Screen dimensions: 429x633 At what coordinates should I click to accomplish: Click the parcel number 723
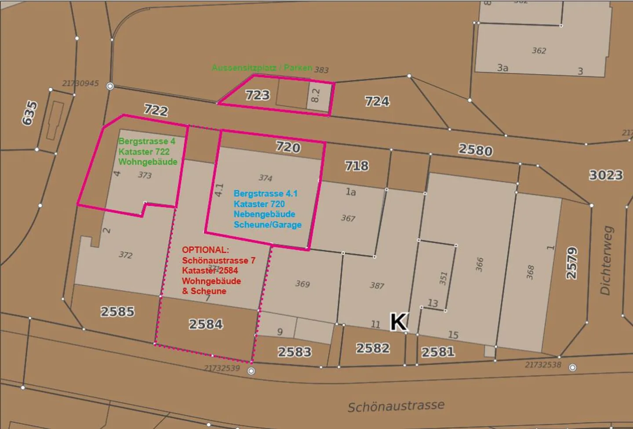point(257,95)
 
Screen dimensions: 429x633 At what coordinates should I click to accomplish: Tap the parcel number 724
point(377,101)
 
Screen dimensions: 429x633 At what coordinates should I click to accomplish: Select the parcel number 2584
point(206,324)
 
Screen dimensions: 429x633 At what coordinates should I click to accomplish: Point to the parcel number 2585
point(117,312)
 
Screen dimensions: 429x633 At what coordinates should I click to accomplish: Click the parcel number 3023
point(606,175)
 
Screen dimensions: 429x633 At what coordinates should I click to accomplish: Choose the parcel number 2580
point(475,150)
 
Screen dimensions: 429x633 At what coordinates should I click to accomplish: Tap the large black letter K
point(399,322)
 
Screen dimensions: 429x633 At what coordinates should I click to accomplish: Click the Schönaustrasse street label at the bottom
point(396,406)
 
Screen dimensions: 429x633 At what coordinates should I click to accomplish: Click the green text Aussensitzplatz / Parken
point(262,68)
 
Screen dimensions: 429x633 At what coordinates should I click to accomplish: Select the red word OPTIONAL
point(205,250)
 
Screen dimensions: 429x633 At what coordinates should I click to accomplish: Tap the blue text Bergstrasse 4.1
point(266,194)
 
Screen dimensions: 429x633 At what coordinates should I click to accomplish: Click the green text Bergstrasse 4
point(147,141)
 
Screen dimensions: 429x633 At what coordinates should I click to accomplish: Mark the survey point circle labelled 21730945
point(110,86)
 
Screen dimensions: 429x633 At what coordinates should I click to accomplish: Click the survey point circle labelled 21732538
point(572,367)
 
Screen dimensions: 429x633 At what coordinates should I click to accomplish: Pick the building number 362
point(538,51)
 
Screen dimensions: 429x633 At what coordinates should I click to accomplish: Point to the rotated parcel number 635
point(30,113)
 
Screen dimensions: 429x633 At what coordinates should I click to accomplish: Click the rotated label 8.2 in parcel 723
point(315,95)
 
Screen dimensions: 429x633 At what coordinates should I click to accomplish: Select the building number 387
point(377,286)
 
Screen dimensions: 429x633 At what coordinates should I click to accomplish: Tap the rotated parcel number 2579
point(571,263)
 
